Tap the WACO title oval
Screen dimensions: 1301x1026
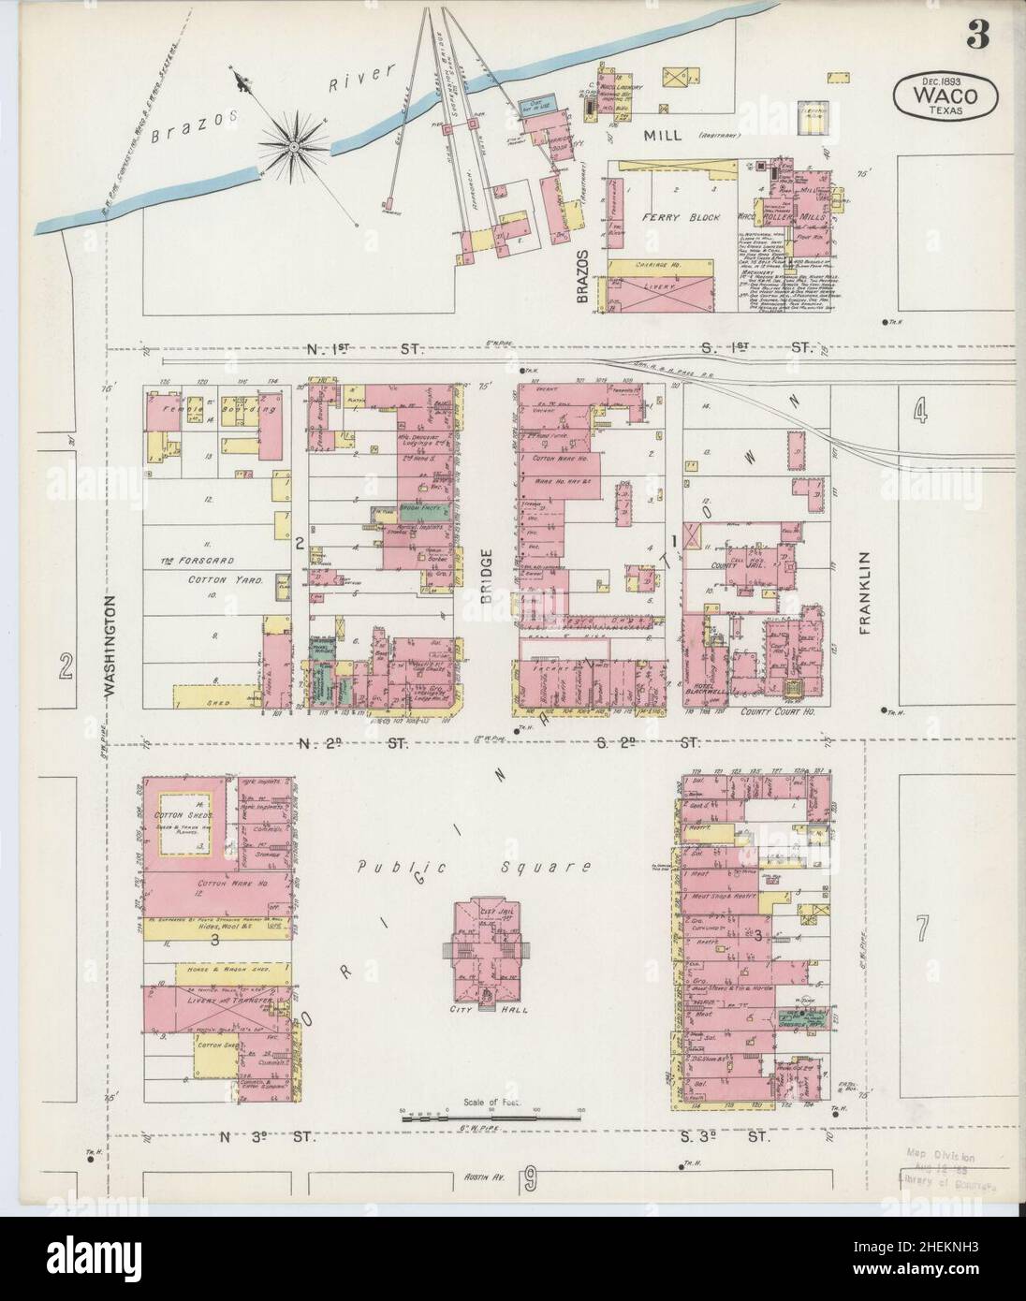coord(945,96)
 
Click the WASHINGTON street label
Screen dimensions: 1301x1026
coord(109,646)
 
